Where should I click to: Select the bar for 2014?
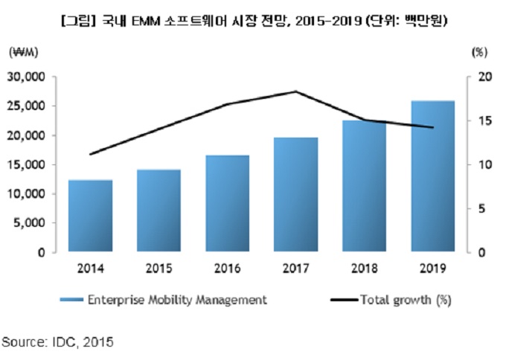point(90,216)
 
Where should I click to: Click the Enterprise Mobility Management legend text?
point(176,300)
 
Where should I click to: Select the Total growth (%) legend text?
point(406,300)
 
